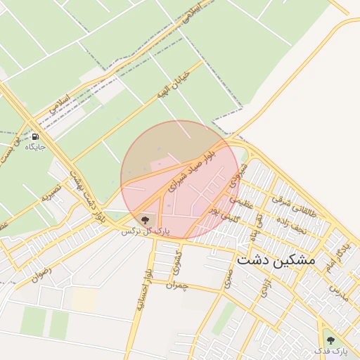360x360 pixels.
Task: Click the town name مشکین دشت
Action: point(276,259)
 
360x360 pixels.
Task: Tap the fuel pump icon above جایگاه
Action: point(35,136)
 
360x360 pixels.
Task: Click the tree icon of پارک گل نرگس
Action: point(146,219)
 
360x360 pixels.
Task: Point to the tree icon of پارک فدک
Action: point(331,342)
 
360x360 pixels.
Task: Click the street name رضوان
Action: point(41,273)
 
